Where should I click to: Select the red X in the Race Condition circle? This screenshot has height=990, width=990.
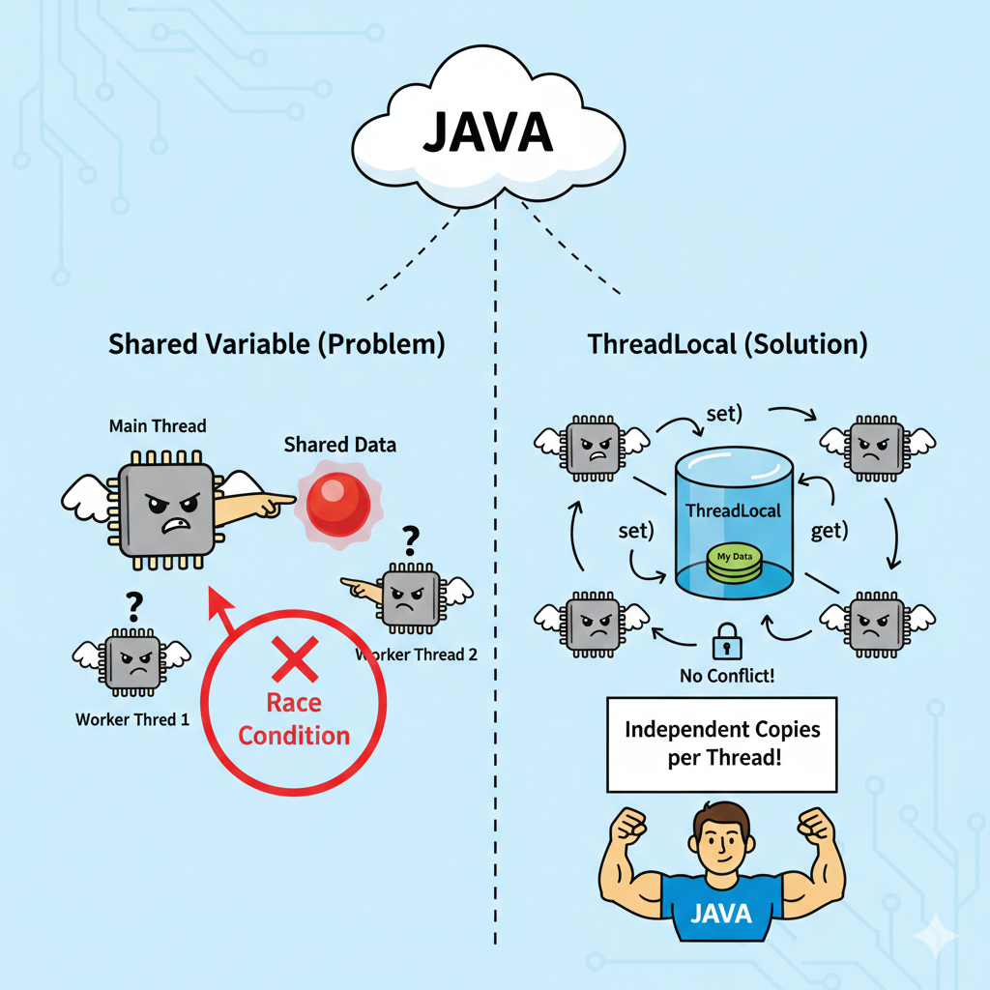pyautogui.click(x=294, y=661)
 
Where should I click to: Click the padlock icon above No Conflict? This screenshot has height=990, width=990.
pyautogui.click(x=726, y=642)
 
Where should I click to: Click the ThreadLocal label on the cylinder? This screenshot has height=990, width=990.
pyautogui.click(x=733, y=510)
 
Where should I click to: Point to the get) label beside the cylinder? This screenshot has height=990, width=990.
pyautogui.click(x=829, y=530)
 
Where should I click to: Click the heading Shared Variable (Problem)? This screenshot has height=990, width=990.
pyautogui.click(x=277, y=343)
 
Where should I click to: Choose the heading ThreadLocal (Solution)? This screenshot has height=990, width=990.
pyautogui.click(x=727, y=343)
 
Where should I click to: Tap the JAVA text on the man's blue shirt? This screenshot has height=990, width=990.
pyautogui.click(x=721, y=914)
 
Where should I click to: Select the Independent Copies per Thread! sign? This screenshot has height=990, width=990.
pyautogui.click(x=721, y=742)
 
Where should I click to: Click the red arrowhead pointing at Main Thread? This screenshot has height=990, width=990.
pyautogui.click(x=221, y=607)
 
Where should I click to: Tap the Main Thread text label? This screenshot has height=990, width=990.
pyautogui.click(x=158, y=425)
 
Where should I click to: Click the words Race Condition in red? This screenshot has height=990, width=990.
pyautogui.click(x=294, y=719)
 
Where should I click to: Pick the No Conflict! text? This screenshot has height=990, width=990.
pyautogui.click(x=726, y=675)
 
